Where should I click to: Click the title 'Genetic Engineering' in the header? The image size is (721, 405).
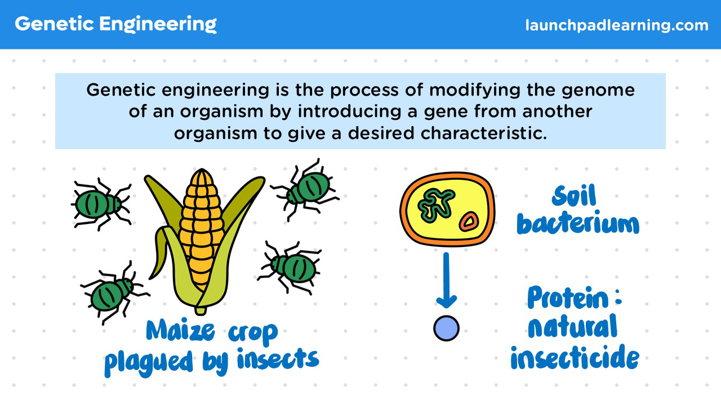pyautogui.click(x=115, y=24)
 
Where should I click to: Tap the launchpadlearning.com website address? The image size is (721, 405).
pyautogui.click(x=617, y=25)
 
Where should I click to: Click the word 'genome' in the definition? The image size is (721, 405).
pyautogui.click(x=598, y=91)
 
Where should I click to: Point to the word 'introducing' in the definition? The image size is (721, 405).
pyautogui.click(x=349, y=111)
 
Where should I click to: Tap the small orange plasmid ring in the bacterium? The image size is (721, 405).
pyautogui.click(x=469, y=222)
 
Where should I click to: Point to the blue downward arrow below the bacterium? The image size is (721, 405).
pyautogui.click(x=446, y=280)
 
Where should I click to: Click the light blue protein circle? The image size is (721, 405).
pyautogui.click(x=447, y=328)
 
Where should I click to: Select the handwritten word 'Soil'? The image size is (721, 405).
pyautogui.click(x=574, y=196)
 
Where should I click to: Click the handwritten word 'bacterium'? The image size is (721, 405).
pyautogui.click(x=578, y=222)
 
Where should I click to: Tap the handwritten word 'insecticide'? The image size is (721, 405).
pyautogui.click(x=575, y=357)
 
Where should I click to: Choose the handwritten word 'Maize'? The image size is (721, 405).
pyautogui.click(x=180, y=330)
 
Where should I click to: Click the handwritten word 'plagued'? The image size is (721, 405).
pyautogui.click(x=149, y=362)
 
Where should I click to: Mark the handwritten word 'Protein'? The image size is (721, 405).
pyautogui.click(x=568, y=298)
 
